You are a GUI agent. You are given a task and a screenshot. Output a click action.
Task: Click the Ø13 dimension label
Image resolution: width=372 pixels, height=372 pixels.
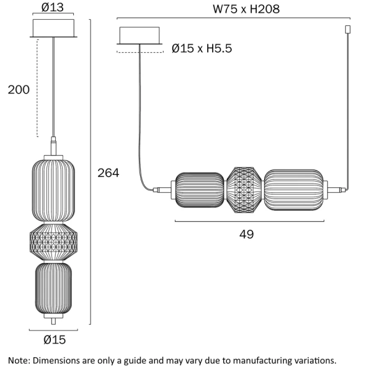pos(53,8)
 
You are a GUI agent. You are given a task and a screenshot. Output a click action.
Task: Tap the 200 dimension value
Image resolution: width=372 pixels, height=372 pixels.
pos(19,90)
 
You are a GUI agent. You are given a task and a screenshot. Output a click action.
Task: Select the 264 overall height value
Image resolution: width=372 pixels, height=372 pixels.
pos(108,173)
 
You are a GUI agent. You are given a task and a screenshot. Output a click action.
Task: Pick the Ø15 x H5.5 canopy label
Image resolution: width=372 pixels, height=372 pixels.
pos(201,48)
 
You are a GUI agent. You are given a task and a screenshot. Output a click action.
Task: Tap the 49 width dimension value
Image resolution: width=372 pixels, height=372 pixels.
pos(247,234)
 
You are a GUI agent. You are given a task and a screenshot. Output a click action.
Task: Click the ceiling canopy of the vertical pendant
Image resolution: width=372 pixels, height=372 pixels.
pos(53,29)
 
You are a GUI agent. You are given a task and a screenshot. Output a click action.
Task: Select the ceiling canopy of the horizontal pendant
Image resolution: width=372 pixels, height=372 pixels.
pos(139,35)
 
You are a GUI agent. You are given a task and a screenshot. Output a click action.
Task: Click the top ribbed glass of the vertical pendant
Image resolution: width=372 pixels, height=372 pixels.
pos(53,190)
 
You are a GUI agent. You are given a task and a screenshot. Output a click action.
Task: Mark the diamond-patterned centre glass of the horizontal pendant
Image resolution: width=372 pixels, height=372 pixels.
pos(245,190)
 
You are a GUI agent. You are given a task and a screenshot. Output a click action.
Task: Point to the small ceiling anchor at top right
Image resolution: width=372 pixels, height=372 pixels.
pos(347,30)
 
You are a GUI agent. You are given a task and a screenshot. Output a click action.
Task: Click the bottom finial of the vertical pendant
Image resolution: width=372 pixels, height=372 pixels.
pos(53,320)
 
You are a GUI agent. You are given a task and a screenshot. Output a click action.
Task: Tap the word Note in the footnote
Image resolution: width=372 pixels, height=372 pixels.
pos(19,360)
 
